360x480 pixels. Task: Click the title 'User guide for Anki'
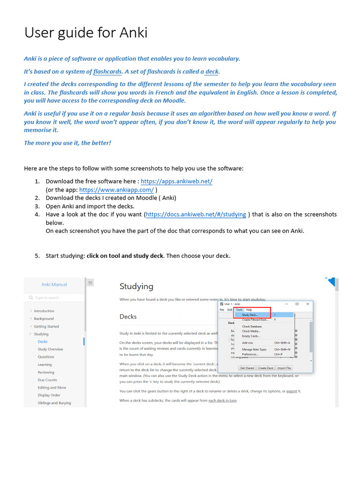coord(86,33)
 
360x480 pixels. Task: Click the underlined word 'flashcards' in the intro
coord(107,72)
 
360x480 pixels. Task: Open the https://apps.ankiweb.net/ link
coord(176,181)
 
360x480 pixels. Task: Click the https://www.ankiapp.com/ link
coord(116,190)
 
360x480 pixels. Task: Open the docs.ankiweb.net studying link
coord(196,214)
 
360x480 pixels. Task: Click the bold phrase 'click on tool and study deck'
coord(125,256)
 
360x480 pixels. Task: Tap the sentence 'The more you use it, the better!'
coord(67,143)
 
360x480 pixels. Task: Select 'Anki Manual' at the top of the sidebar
coord(54,285)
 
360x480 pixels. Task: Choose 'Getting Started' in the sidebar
coord(46,326)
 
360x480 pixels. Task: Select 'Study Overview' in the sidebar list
coord(50,349)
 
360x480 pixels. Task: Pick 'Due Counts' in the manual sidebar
coord(47,380)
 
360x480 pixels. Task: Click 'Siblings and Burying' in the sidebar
coord(54,403)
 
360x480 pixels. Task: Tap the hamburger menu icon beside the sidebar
coord(90,282)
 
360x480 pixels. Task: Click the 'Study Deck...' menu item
coord(250,315)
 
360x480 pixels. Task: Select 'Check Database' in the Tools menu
coord(252,326)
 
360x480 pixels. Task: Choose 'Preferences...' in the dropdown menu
coord(250,354)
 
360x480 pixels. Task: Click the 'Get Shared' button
coord(247,368)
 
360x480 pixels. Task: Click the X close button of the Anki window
coord(307,304)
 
